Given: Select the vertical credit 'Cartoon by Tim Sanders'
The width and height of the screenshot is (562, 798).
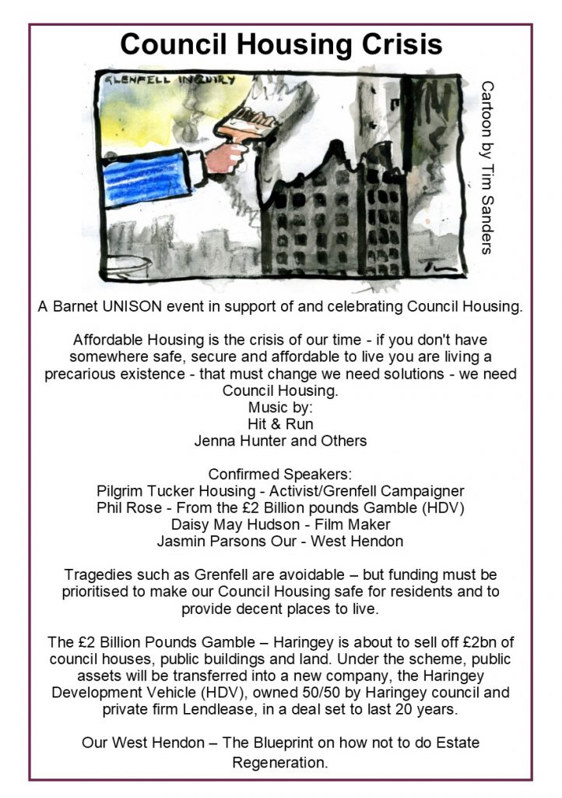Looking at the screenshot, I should point(487,167).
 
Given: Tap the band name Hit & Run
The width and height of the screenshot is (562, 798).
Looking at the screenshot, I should point(280,425).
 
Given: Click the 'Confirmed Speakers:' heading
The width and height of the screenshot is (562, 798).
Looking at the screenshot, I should point(280,474).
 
